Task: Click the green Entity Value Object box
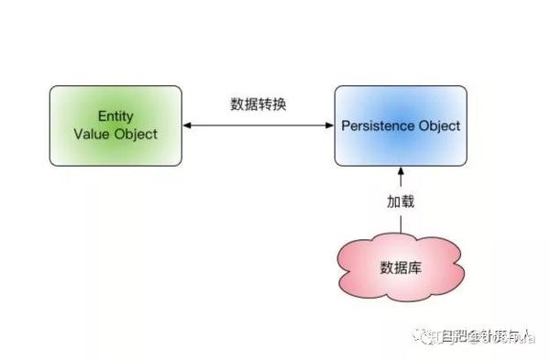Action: click(x=115, y=125)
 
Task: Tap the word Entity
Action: click(x=115, y=117)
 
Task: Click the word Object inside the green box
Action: click(x=136, y=134)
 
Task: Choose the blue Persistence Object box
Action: click(x=401, y=125)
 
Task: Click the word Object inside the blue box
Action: click(x=439, y=125)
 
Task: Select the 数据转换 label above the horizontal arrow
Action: click(x=258, y=104)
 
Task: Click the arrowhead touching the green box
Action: click(x=187, y=125)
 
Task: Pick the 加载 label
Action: click(x=401, y=200)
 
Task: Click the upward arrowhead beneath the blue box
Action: click(x=401, y=171)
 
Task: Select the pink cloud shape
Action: click(x=401, y=267)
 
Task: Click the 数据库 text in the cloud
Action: click(x=401, y=267)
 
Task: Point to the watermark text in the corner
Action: click(x=477, y=339)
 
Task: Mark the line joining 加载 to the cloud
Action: click(x=401, y=223)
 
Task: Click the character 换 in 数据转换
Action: click(x=279, y=104)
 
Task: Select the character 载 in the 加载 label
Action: click(x=408, y=200)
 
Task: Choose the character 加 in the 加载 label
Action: click(x=393, y=200)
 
